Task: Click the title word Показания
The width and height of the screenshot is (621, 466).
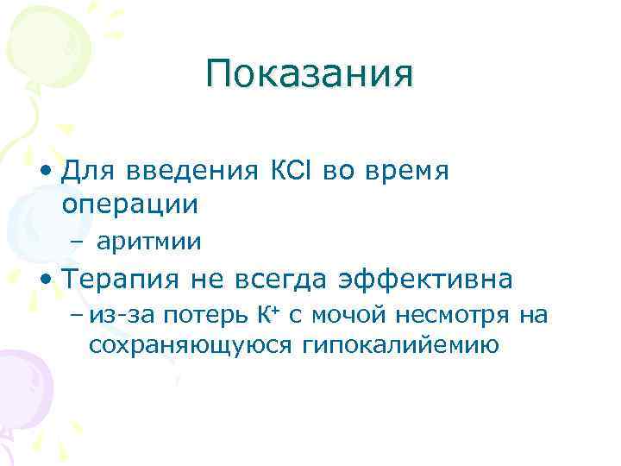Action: (x=310, y=75)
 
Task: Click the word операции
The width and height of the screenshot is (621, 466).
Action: (x=130, y=205)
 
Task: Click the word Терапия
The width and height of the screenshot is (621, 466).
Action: (x=121, y=280)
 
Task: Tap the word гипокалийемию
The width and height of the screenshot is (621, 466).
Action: (x=401, y=346)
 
